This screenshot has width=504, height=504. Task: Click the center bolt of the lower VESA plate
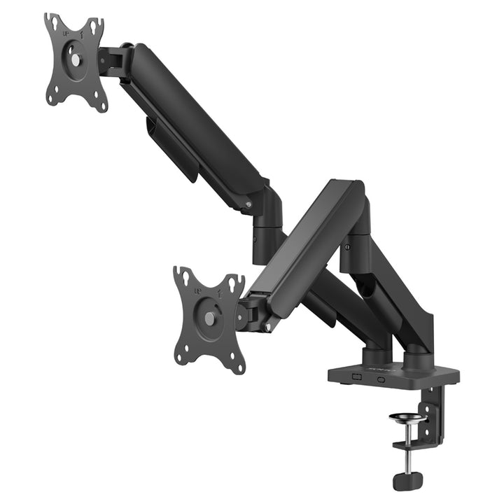click(210, 318)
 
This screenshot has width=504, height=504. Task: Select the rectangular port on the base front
click(356, 377)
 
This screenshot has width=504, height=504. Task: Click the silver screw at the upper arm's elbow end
click(246, 204)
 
